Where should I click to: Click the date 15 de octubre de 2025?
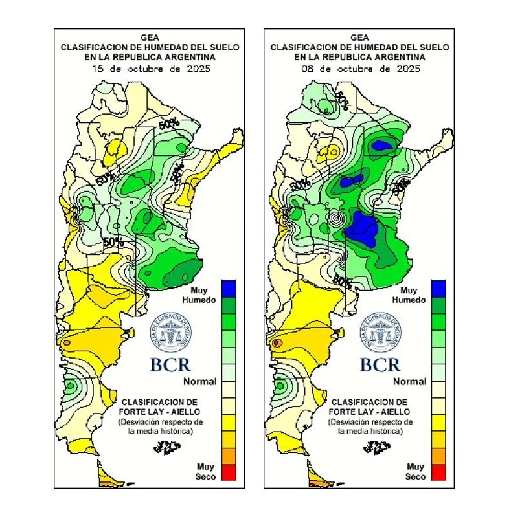click(x=150, y=68)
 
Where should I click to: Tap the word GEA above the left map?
click(x=150, y=38)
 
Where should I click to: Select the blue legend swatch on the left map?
click(x=228, y=288)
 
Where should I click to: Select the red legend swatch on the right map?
click(x=438, y=473)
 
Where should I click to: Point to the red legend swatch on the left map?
click(x=228, y=473)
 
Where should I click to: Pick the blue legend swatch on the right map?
click(x=438, y=288)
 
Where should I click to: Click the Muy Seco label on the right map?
click(x=415, y=471)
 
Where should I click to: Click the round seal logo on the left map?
click(x=171, y=331)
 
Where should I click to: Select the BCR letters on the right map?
click(x=381, y=364)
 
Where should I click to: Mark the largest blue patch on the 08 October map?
click(x=361, y=230)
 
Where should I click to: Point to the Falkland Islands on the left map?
click(x=167, y=446)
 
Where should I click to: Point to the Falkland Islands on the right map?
click(x=377, y=446)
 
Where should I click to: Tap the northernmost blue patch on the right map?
click(x=382, y=146)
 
